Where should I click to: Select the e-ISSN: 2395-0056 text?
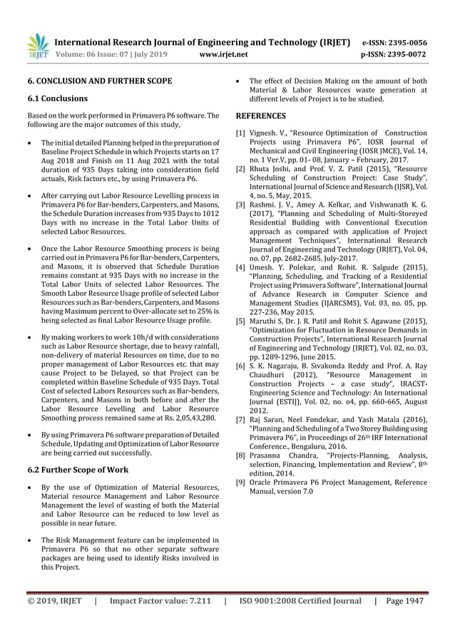pyautogui.click(x=394, y=42)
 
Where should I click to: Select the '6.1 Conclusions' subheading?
pyautogui.click(x=58, y=98)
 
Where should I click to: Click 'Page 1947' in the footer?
pyautogui.click(x=406, y=600)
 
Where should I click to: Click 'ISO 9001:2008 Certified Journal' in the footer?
pyautogui.click(x=300, y=600)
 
